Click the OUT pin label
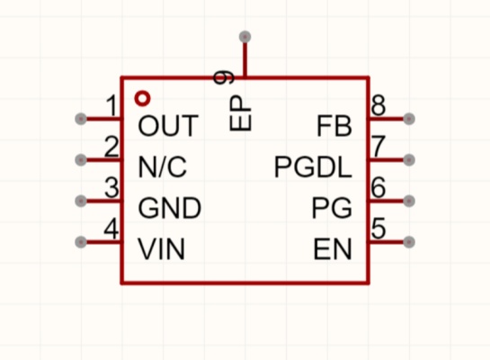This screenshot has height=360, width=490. click(168, 125)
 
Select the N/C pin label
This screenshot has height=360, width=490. click(163, 166)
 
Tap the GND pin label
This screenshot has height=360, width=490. click(169, 208)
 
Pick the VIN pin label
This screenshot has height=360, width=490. click(162, 249)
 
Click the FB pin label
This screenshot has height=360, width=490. click(334, 126)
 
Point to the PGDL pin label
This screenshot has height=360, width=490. click(313, 167)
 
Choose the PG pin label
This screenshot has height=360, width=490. click(332, 208)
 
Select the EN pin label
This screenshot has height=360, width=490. click(333, 249)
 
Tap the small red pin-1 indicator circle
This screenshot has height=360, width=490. click(142, 98)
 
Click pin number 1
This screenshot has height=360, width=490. click(111, 105)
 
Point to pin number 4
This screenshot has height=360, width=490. click(111, 229)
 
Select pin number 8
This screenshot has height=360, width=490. click(379, 105)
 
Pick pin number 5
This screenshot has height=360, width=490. click(379, 229)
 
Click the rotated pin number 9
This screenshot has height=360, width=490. click(224, 77)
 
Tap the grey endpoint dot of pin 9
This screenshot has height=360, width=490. click(245, 37)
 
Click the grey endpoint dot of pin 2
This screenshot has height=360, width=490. click(81, 160)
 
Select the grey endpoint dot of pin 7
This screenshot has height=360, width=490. click(409, 160)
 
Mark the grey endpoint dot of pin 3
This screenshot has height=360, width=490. click(81, 201)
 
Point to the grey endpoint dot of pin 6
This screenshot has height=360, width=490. click(409, 201)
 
